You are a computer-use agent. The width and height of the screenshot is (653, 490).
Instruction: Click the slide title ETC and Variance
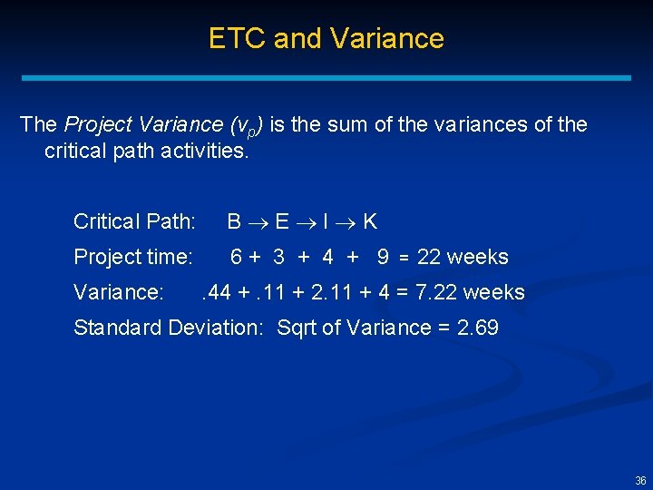(x=326, y=38)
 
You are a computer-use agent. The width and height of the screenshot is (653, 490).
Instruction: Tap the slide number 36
(x=640, y=480)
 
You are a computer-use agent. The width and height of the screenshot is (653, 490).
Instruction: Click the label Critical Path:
(x=134, y=221)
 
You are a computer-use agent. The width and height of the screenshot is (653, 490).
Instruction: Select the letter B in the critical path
(x=234, y=221)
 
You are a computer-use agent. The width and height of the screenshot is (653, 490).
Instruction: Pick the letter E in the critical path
(x=281, y=221)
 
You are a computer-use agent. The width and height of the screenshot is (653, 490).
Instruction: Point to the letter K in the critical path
(x=370, y=221)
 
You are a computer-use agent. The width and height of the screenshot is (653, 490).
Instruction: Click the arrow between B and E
(x=258, y=222)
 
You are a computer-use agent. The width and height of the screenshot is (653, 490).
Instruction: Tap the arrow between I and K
(x=346, y=222)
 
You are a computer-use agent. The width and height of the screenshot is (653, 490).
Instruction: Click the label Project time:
(x=132, y=257)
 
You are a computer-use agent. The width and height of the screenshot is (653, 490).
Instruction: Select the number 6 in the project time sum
(x=236, y=257)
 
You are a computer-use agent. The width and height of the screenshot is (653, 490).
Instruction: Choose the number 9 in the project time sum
(x=383, y=257)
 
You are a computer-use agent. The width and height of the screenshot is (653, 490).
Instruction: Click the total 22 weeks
(x=463, y=257)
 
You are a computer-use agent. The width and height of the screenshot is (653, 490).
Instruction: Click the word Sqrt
(x=297, y=328)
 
